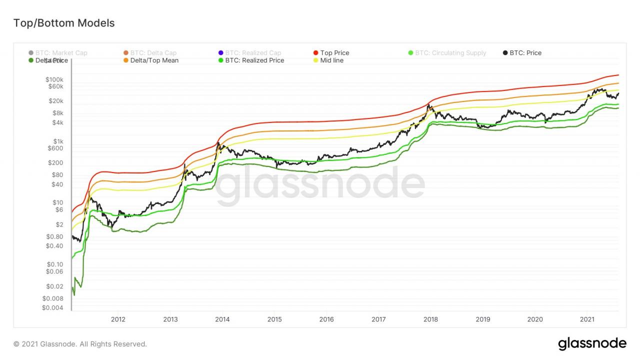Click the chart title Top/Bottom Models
pos(63,23)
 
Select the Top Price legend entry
pos(334,53)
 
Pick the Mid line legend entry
pos(331,60)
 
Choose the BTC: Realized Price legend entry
pos(254,60)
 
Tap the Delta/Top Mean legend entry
pos(154,60)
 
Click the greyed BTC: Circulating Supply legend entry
pos(450,53)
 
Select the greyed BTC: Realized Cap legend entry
pos(253,53)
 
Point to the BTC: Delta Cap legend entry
pos(153,53)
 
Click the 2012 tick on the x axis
pos(118,319)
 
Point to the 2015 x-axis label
pos(274,319)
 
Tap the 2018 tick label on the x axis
pos(430,319)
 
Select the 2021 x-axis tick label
pos(587,319)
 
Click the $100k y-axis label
pos(54,80)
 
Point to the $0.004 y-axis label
pos(52,308)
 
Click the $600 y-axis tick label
pos(55,148)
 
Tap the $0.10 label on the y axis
pos(54,264)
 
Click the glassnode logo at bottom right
pos(592,344)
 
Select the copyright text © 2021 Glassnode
pos(80,344)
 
